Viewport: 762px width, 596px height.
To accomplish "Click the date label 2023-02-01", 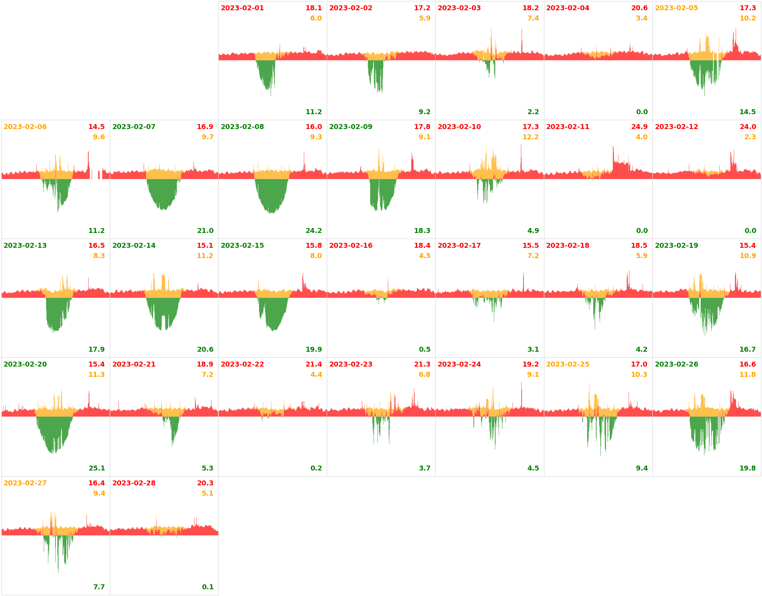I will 242,8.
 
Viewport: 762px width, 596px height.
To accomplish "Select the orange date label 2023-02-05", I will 676,8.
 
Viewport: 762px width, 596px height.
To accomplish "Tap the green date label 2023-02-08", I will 242,127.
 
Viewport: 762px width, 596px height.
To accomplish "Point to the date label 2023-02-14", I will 134,246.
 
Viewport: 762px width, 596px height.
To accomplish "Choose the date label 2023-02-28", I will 134,483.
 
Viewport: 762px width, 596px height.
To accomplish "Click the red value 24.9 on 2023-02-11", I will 639,127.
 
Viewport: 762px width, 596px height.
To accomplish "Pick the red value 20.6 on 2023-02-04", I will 639,8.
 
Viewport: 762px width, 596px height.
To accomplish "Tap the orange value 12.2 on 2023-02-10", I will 530,137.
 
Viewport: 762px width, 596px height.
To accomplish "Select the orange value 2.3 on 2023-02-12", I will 750,137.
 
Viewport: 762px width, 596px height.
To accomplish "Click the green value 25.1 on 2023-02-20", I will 96,468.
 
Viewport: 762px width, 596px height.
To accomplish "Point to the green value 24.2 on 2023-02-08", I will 313,231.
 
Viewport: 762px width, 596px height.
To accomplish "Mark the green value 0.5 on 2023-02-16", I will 424,350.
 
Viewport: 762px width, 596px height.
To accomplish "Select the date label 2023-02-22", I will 242,364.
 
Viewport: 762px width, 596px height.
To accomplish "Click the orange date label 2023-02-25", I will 567,364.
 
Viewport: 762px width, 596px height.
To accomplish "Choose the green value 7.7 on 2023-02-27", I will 99,587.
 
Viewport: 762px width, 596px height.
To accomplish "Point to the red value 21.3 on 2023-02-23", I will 422,364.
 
